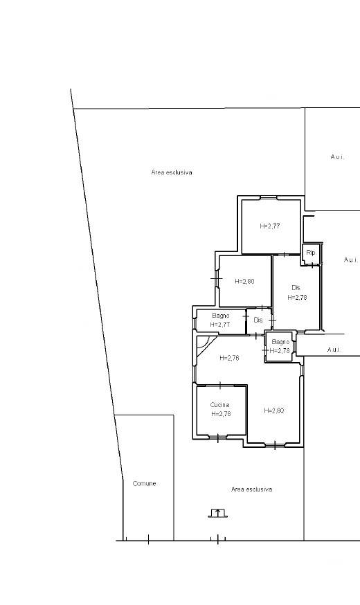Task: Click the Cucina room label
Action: click(x=220, y=405)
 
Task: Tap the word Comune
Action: click(x=144, y=483)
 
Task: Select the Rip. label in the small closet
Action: click(x=311, y=253)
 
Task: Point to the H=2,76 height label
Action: click(x=229, y=358)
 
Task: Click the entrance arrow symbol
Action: click(x=218, y=513)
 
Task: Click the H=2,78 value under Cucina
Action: click(x=221, y=414)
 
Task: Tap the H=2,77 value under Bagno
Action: click(x=220, y=325)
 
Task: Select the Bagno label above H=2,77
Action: click(x=221, y=316)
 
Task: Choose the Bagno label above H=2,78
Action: click(x=280, y=342)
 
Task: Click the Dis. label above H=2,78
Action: click(x=296, y=288)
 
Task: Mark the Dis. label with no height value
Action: click(x=258, y=320)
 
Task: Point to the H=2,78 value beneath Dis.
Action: click(x=297, y=298)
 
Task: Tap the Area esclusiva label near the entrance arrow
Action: click(x=251, y=489)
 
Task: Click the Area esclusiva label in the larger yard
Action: click(x=172, y=172)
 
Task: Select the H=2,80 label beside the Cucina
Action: click(x=274, y=410)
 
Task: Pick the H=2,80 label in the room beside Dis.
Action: click(x=244, y=281)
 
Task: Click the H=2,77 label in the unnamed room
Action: click(x=270, y=226)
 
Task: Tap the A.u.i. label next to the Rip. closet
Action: click(x=351, y=260)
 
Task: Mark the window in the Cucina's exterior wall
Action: click(x=217, y=437)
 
